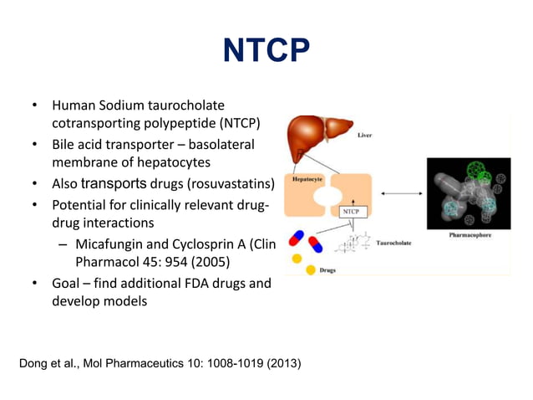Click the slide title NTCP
(266, 50)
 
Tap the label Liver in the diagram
(365, 134)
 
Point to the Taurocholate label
(393, 243)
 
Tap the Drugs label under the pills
(327, 271)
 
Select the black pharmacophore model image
(469, 193)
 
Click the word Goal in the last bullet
(69, 283)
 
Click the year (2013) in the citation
(281, 364)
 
